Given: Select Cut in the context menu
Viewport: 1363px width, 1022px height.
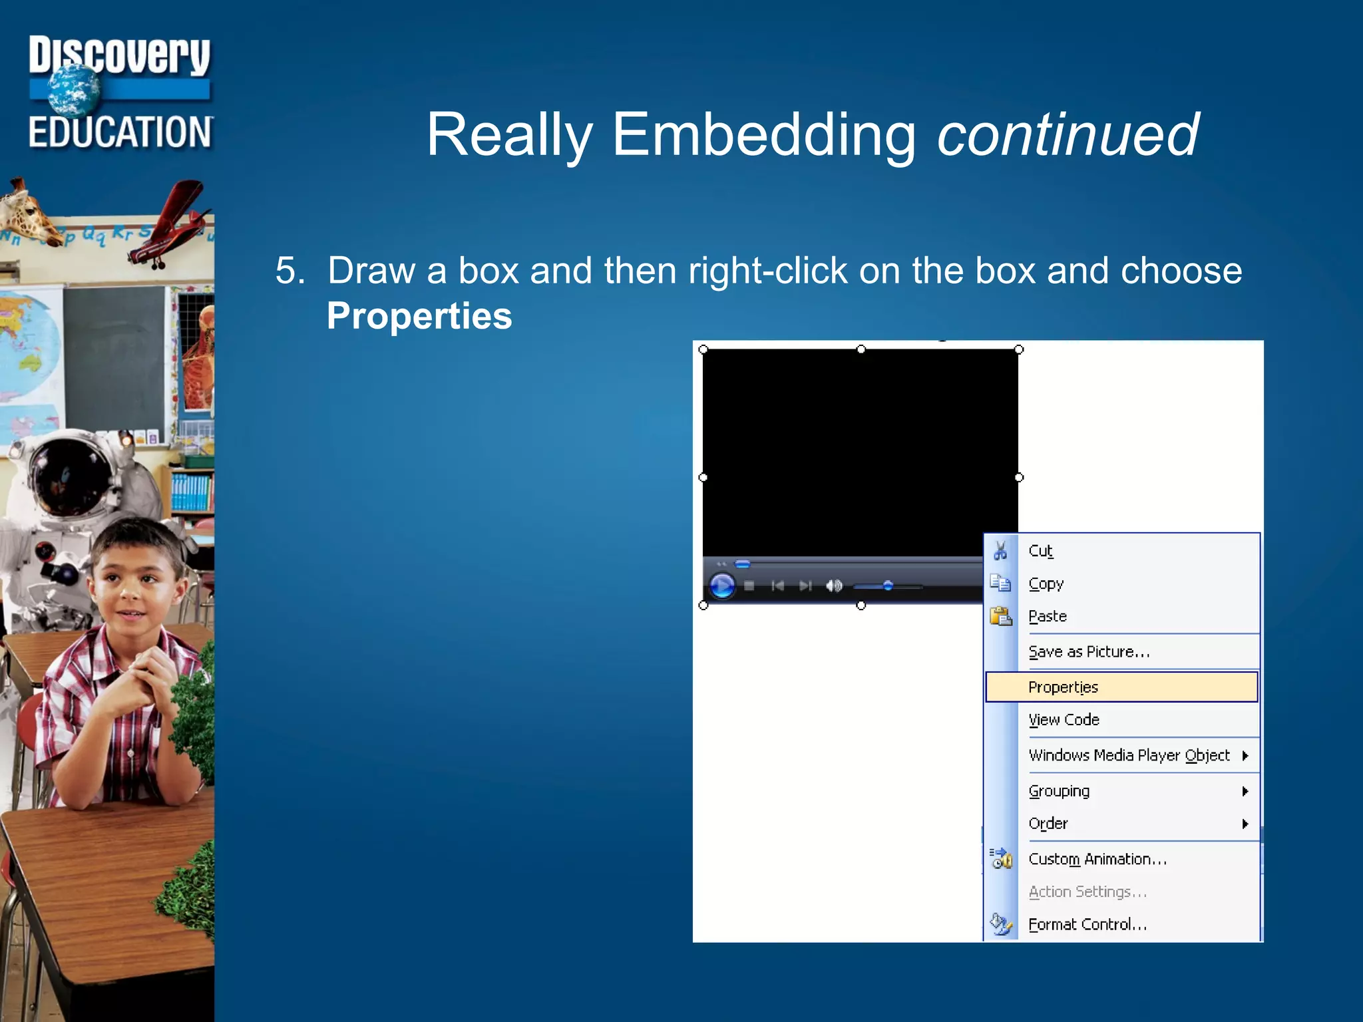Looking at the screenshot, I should pyautogui.click(x=1041, y=551).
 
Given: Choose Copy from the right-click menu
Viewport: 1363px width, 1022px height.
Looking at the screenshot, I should pyautogui.click(x=1046, y=584).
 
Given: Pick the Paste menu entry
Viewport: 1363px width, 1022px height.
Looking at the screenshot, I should pyautogui.click(x=1048, y=616).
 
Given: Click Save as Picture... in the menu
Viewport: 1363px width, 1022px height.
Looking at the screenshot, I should pyautogui.click(x=1089, y=651).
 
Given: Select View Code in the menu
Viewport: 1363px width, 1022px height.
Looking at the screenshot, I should pyautogui.click(x=1064, y=720).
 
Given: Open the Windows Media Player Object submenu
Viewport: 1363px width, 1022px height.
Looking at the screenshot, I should pyautogui.click(x=1129, y=755).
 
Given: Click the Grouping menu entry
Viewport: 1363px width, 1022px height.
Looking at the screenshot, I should pyautogui.click(x=1059, y=791).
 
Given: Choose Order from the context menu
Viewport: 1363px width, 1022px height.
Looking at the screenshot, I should pyautogui.click(x=1048, y=824).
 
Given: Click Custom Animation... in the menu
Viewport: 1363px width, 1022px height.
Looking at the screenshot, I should pyautogui.click(x=1097, y=859).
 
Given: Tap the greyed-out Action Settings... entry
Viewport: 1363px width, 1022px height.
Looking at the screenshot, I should pyautogui.click(x=1087, y=892).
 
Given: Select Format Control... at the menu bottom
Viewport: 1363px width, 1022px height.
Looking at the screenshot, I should pyautogui.click(x=1087, y=924).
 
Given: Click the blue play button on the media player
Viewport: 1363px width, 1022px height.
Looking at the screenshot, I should pyautogui.click(x=722, y=586).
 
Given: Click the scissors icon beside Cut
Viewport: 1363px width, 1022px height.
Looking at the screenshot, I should pyautogui.click(x=1000, y=551).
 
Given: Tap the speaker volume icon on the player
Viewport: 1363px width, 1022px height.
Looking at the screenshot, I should pyautogui.click(x=833, y=586).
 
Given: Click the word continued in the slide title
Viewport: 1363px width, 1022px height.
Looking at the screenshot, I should pyautogui.click(x=1068, y=135).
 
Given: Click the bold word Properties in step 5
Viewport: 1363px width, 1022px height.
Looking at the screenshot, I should pyautogui.click(x=419, y=316).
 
